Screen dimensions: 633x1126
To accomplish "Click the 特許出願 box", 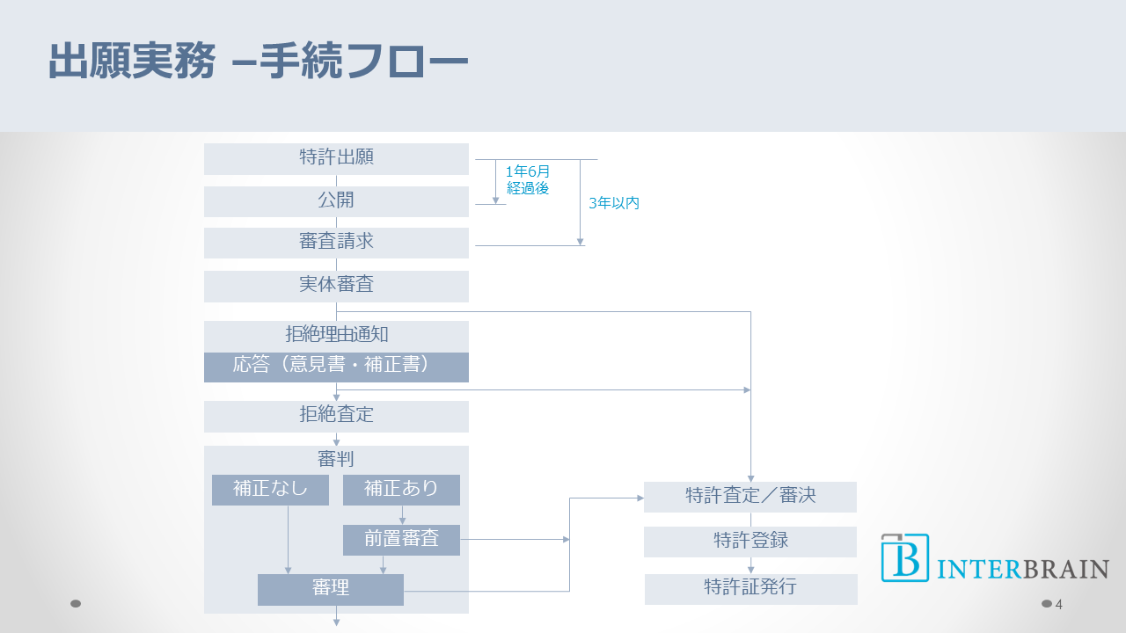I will (336, 158).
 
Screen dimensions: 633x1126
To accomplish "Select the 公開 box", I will (336, 200).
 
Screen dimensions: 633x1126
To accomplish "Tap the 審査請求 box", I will (336, 242).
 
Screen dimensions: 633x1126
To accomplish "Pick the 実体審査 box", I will (336, 285).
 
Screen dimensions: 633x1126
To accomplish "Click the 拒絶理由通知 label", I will (336, 335).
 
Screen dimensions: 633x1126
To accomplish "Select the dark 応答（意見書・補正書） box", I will (336, 367).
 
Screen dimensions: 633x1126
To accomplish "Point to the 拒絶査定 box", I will (336, 416).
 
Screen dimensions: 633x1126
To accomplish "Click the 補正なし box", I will (270, 490).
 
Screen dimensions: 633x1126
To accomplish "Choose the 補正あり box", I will (401, 490).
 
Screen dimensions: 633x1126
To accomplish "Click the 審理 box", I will (331, 589).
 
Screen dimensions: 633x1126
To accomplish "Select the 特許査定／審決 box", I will (750, 497).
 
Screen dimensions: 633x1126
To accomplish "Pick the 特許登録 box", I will (750, 542).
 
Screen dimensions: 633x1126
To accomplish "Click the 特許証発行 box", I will (750, 588).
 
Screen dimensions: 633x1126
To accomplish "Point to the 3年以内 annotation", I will (614, 203).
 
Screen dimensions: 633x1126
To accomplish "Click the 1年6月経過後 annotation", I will (528, 179).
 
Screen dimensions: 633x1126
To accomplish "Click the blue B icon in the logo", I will (905, 557).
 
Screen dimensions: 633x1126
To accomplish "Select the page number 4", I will (1059, 604).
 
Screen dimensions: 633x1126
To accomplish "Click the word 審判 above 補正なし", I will (336, 459).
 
